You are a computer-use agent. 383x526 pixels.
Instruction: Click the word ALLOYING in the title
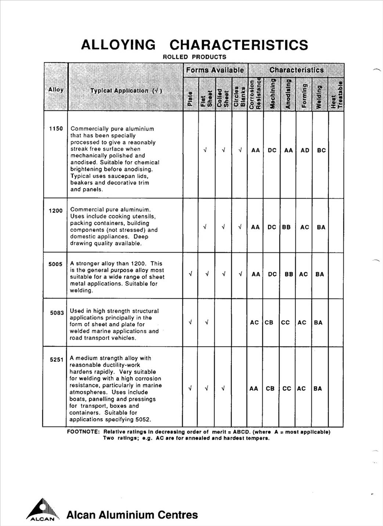118,45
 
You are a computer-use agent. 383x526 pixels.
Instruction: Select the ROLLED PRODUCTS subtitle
194,57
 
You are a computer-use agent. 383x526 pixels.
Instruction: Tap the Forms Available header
215,70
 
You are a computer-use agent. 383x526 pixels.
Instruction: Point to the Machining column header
272,94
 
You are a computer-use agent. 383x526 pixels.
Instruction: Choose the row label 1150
56,129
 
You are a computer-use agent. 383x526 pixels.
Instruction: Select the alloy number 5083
57,313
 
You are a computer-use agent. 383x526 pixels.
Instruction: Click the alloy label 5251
57,360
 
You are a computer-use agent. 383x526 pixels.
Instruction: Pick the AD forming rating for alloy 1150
305,150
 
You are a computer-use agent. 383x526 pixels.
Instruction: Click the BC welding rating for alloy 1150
321,150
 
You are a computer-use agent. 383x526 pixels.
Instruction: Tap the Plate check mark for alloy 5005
190,274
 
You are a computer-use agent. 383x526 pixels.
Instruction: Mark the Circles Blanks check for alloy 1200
240,227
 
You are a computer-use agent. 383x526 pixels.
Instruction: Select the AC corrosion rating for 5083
254,323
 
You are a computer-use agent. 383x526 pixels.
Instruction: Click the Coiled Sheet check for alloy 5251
223,388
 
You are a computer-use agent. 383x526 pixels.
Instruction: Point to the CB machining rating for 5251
270,388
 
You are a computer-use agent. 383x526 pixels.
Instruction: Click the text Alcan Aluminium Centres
132,515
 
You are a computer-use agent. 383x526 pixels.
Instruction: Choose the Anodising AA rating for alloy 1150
288,150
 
